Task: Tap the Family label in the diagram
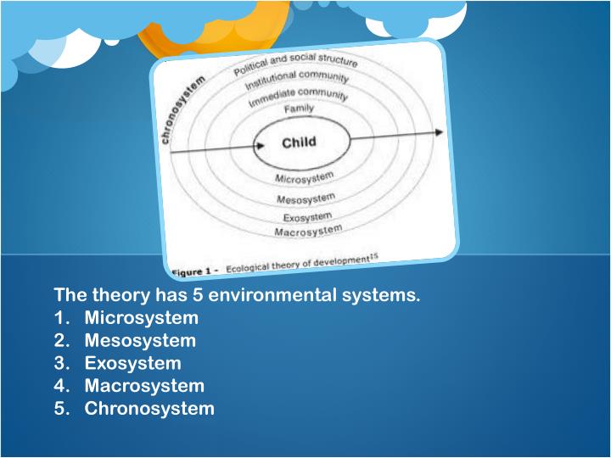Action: pos(298,109)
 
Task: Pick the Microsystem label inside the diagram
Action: pos(305,178)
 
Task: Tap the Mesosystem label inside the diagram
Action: pos(305,198)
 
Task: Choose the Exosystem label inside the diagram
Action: pos(308,216)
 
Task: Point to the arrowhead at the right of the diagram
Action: pos(438,132)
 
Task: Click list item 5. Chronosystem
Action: pos(133,409)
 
